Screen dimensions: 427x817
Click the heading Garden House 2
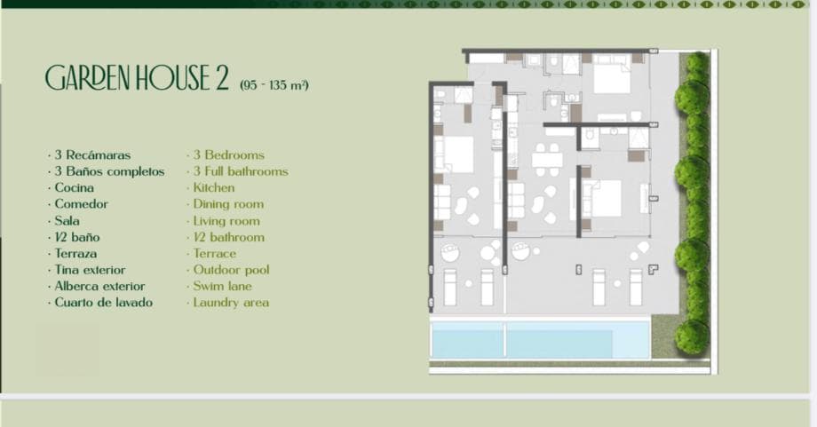pyautogui.click(x=138, y=79)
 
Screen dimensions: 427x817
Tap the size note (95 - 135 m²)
pyautogui.click(x=274, y=85)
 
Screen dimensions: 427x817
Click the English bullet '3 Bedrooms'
pyautogui.click(x=228, y=155)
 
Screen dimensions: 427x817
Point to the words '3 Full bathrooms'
pyautogui.click(x=241, y=171)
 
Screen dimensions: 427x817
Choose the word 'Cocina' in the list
pyautogui.click(x=74, y=188)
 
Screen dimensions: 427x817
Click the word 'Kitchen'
pyautogui.click(x=214, y=188)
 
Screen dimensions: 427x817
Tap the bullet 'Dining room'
pyautogui.click(x=228, y=204)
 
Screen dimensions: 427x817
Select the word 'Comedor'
pyautogui.click(x=81, y=204)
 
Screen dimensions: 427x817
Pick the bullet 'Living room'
pyautogui.click(x=226, y=221)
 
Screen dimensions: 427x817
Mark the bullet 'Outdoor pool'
pyautogui.click(x=231, y=270)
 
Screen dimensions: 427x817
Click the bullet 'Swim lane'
pyautogui.click(x=223, y=287)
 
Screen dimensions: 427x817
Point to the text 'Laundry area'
pyautogui.click(x=231, y=303)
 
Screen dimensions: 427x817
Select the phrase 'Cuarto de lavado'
pyautogui.click(x=103, y=303)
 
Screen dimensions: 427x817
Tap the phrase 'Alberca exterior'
pyautogui.click(x=99, y=287)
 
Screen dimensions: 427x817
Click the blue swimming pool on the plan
pyautogui.click(x=539, y=340)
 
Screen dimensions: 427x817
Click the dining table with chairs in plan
pyautogui.click(x=547, y=159)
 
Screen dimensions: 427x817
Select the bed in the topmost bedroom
pyautogui.click(x=611, y=77)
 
